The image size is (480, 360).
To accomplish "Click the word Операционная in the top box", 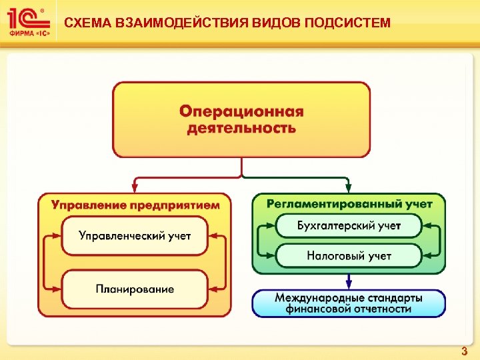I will [x=241, y=111].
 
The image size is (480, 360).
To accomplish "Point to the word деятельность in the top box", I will [x=241, y=127].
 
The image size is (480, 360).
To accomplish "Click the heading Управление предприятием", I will [x=135, y=205].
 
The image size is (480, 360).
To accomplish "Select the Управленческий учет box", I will [x=135, y=235].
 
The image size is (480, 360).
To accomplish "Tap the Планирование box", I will [x=135, y=289].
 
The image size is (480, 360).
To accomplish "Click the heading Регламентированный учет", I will [x=349, y=204].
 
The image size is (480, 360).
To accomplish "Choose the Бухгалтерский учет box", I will [x=349, y=225].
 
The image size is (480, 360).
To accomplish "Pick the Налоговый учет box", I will [x=349, y=255].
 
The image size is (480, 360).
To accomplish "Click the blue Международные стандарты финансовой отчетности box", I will [x=349, y=303].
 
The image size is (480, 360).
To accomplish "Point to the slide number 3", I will [x=465, y=351].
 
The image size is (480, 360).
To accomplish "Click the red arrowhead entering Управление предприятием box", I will [x=135, y=189].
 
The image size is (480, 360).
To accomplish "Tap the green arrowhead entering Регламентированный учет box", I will [x=348, y=189].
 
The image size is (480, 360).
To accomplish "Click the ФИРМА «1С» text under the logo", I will [x=26, y=33].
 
